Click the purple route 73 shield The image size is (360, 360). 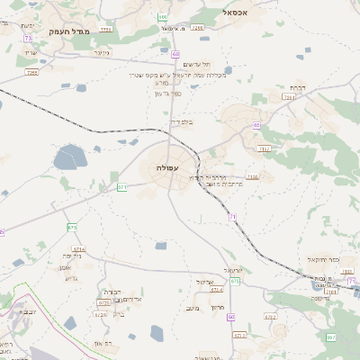click(28, 39)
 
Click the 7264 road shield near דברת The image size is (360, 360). click(288, 96)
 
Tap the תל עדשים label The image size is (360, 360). click(193, 65)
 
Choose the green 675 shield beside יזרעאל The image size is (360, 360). click(235, 282)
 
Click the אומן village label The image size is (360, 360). click(65, 267)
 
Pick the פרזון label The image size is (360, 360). click(217, 308)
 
